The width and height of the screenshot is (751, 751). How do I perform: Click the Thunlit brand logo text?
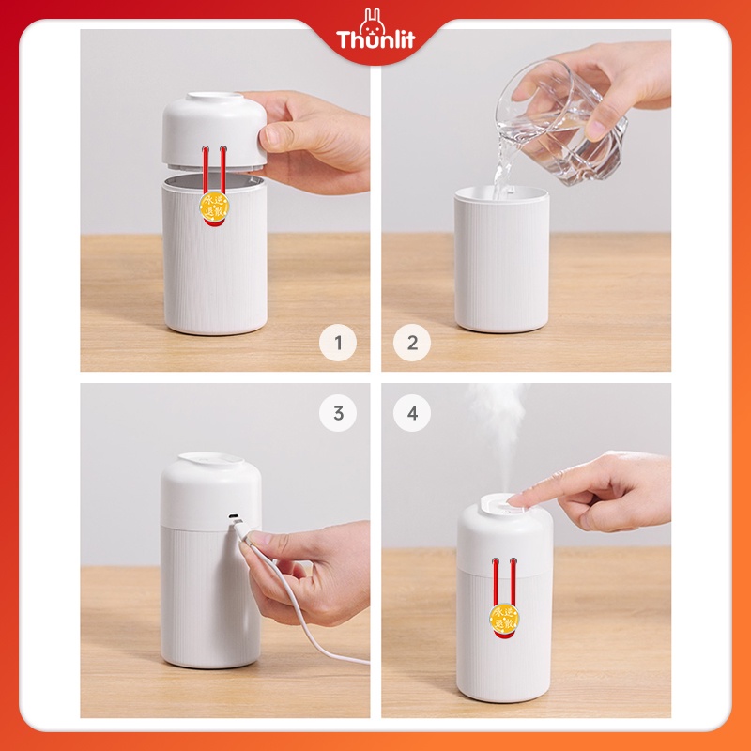click(x=375, y=40)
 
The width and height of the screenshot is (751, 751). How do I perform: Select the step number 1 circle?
click(x=338, y=343)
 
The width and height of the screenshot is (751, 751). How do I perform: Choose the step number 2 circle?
click(x=412, y=343)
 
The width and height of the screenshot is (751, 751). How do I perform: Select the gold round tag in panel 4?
click(x=505, y=618)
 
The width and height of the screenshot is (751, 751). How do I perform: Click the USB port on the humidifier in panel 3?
click(x=232, y=517)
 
